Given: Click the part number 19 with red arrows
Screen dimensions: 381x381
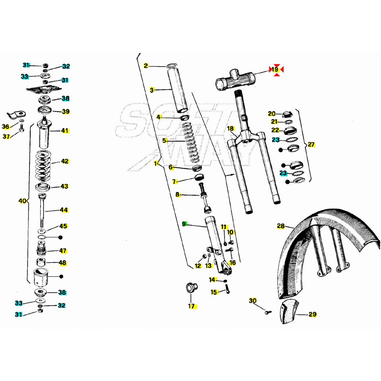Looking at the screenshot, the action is coord(275,70).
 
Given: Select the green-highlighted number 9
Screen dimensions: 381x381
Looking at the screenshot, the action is coord(184,224).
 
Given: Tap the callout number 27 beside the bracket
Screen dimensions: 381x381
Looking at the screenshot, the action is coord(311,144).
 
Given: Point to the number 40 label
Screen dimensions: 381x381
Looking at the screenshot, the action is coord(22,201).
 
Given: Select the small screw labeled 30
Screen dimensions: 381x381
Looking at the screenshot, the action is coord(268,312).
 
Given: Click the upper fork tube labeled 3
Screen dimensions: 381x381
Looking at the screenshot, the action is coord(178,91).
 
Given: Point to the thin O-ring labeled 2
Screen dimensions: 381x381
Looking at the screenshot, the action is coord(171,65).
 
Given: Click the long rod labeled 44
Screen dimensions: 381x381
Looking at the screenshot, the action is coord(42,210).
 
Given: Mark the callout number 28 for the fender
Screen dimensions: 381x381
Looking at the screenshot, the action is coord(281,226).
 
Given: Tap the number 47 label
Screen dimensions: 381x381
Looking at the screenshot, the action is coord(63,250).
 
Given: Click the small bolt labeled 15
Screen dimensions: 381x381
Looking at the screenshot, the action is coord(227,289).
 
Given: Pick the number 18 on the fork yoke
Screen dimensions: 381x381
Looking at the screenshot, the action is coord(230,128).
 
